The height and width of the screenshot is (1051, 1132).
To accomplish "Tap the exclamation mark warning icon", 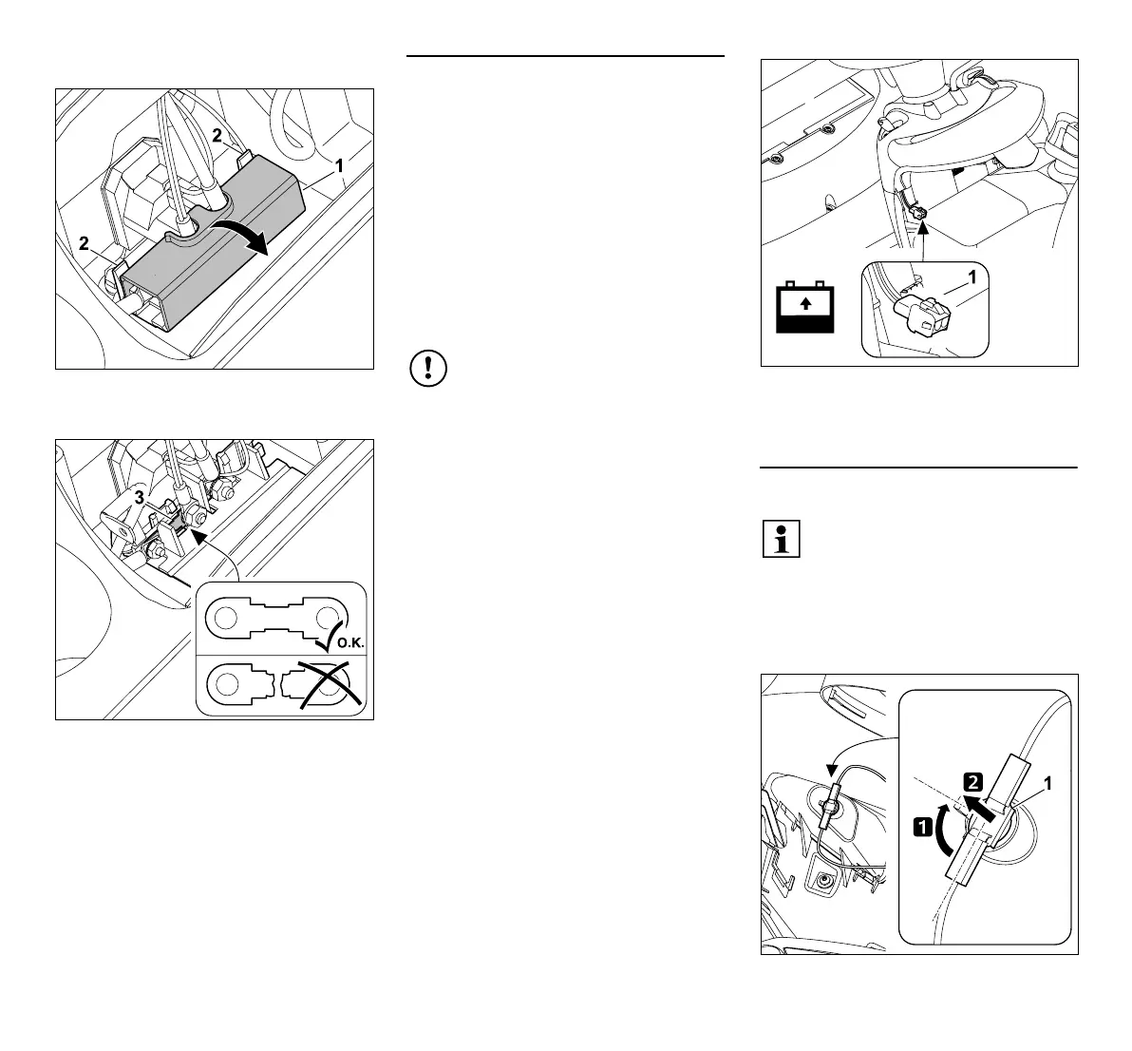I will click(x=428, y=370).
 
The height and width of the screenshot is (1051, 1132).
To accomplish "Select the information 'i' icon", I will click(x=781, y=539).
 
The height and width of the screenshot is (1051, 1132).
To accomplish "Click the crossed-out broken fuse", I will click(x=281, y=684).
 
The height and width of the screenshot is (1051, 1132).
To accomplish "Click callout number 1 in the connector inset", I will click(x=971, y=277).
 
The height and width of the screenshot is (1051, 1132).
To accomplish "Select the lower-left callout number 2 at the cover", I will click(x=84, y=243).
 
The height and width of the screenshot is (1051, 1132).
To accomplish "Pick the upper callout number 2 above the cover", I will click(x=217, y=136).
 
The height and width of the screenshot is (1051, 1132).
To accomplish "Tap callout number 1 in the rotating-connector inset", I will click(x=1047, y=785).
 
